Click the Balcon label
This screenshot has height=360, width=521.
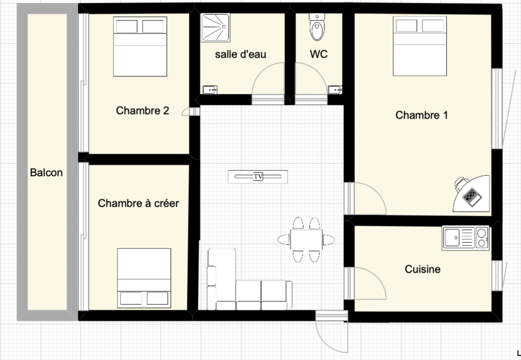pyautogui.click(x=46, y=172)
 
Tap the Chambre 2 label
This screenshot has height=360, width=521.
pyautogui.click(x=142, y=110)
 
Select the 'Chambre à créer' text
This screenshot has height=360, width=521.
pyautogui.click(x=138, y=203)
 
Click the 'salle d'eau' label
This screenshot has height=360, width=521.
pyautogui.click(x=240, y=54)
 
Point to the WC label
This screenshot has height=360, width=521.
pyautogui.click(x=318, y=54)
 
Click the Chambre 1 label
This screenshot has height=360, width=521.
pyautogui.click(x=421, y=115)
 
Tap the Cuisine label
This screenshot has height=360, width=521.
pyautogui.click(x=422, y=269)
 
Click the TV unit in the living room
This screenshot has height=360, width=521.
pyautogui.click(x=258, y=177)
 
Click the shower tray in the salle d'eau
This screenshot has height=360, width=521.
pyautogui.click(x=215, y=28)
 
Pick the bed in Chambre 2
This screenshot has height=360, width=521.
pyautogui.click(x=140, y=47)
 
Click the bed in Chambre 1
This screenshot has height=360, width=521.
pyautogui.click(x=419, y=46)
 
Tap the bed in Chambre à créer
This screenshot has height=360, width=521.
pyautogui.click(x=144, y=278)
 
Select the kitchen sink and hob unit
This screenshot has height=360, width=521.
pyautogui.click(x=465, y=238)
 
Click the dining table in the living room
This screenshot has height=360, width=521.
pyautogui.click(x=306, y=240)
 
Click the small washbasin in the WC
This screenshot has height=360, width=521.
pyautogui.click(x=335, y=90)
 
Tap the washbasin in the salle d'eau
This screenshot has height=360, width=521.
pyautogui.click(x=210, y=90)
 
